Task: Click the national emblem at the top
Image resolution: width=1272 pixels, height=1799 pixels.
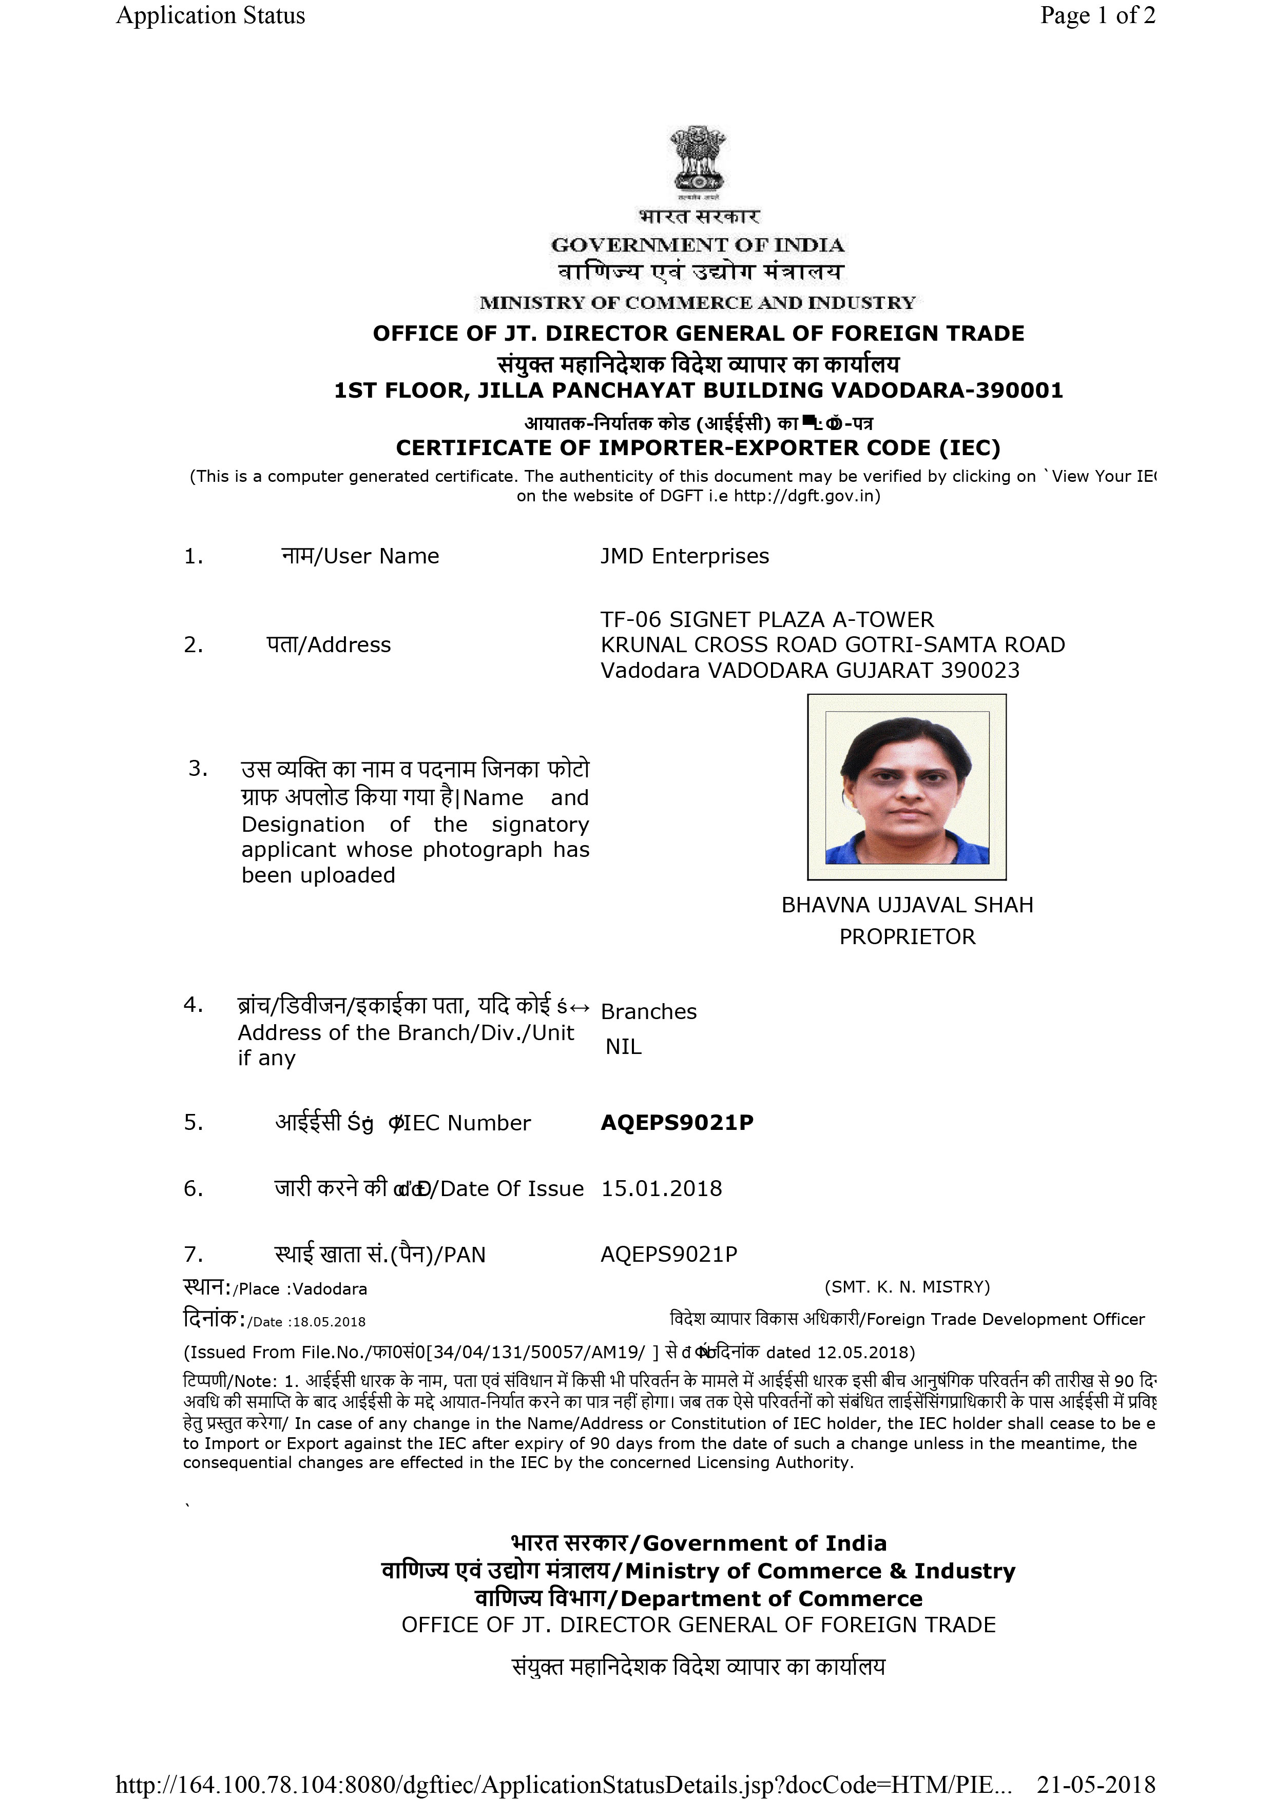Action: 698,161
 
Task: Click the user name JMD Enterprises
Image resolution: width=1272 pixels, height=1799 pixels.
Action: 684,556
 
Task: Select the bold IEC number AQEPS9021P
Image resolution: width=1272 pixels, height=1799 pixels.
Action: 677,1123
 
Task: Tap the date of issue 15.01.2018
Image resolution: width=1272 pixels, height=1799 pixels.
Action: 661,1188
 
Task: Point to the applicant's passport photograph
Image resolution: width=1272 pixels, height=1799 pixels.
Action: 907,787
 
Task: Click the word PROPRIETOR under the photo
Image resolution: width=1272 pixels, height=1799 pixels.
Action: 907,937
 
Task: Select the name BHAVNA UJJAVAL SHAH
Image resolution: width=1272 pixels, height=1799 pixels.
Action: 907,905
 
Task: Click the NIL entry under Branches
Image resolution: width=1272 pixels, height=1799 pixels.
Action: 623,1047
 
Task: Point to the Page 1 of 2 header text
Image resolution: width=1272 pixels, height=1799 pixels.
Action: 1097,16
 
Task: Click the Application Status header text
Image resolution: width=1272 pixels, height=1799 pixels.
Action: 210,16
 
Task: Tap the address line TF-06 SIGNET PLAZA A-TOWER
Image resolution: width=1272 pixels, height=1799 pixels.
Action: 766,620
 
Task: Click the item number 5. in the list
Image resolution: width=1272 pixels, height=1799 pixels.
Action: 193,1123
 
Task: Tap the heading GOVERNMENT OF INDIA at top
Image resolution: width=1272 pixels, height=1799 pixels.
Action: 698,245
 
